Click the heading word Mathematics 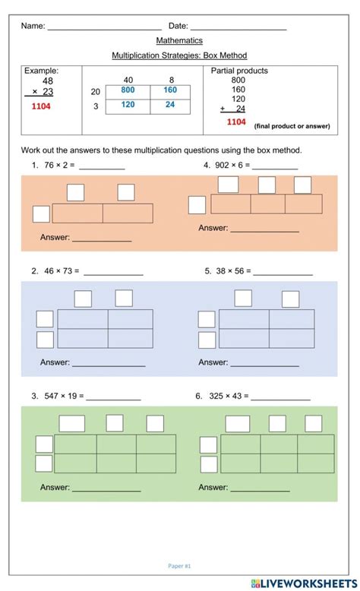[x=179, y=40]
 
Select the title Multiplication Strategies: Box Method [x=179, y=55]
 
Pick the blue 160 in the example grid [x=170, y=90]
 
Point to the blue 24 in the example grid [x=170, y=105]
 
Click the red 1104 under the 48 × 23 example [x=41, y=106]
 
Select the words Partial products [x=240, y=71]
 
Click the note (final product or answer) [x=292, y=125]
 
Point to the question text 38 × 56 [x=233, y=270]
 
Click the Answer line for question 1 [x=101, y=239]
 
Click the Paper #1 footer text [x=180, y=565]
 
